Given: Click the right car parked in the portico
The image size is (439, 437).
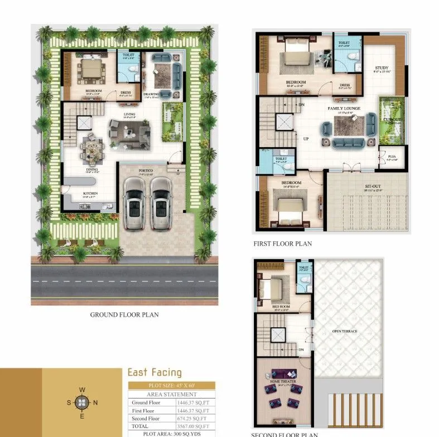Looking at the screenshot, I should click(160, 203).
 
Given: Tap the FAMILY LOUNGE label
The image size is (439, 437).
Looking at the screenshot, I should click(344, 109).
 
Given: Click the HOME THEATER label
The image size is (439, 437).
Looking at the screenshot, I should click(282, 382).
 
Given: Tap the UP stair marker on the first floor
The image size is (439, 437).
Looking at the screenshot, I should click(306, 138).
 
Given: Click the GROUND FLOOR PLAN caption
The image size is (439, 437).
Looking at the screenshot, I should click(124, 315).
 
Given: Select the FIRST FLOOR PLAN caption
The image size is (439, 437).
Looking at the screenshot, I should click(283, 244).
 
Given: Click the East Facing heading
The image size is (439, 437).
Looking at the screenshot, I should click(155, 372).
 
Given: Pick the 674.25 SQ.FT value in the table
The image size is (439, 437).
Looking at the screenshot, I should click(192, 418).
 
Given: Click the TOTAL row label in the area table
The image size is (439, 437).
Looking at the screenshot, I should click(139, 425).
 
